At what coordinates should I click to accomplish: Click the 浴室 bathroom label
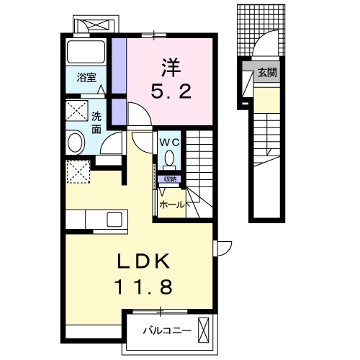click(x=87, y=77)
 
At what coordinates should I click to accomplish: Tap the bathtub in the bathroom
click(x=86, y=51)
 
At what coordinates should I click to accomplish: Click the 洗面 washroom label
click(x=96, y=123)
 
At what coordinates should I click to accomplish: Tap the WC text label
click(x=170, y=141)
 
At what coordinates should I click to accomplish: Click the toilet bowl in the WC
click(x=170, y=158)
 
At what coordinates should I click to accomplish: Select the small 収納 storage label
click(x=171, y=179)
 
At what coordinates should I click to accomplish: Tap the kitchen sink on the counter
click(x=114, y=218)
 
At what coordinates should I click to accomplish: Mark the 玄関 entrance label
click(x=267, y=73)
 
